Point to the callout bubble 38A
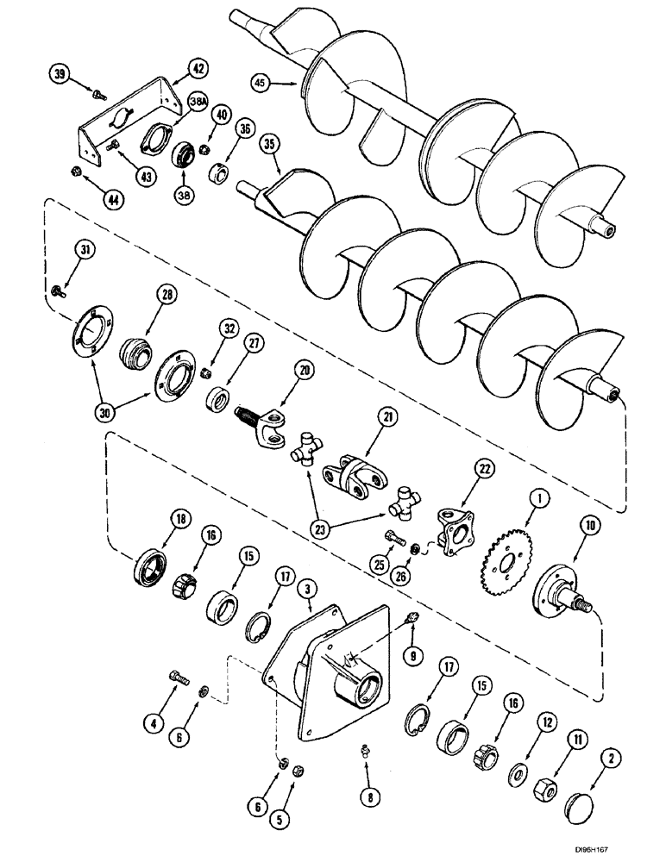pos(199,102)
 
